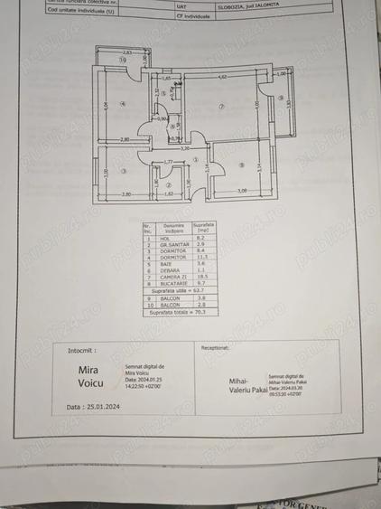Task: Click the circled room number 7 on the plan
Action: pos(220,107)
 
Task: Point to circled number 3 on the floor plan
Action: pos(124,171)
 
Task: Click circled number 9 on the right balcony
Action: pos(282,99)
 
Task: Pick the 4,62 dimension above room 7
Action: pos(221,78)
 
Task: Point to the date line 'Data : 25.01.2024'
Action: pos(94,407)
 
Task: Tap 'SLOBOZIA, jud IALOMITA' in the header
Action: pos(247,5)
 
